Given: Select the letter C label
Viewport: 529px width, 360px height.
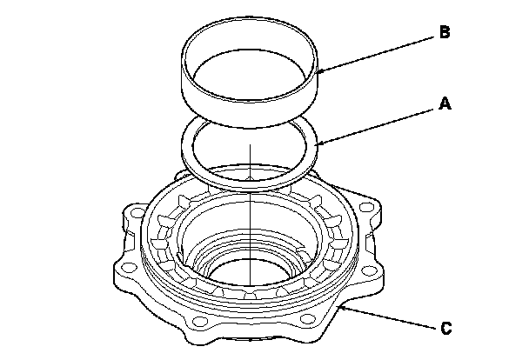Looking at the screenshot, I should click(444, 328).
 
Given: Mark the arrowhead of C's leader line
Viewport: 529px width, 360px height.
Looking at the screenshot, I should click(343, 304).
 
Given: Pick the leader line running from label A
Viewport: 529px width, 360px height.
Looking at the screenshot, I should click(378, 123).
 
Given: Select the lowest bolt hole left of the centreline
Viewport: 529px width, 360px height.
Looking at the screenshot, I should click(201, 326).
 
